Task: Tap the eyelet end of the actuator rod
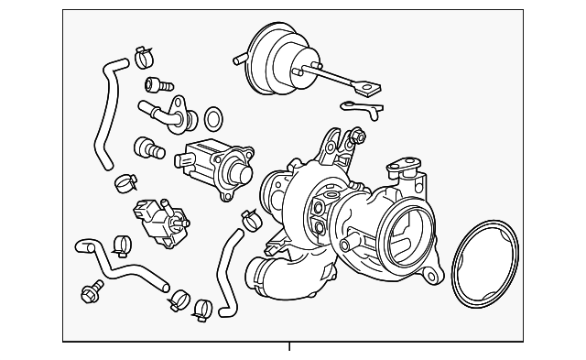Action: point(367,90)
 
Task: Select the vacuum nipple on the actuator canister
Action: point(240,60)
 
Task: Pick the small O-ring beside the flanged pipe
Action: point(212,117)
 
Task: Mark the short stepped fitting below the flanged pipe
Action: point(146,146)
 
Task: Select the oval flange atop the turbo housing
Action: point(402,169)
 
